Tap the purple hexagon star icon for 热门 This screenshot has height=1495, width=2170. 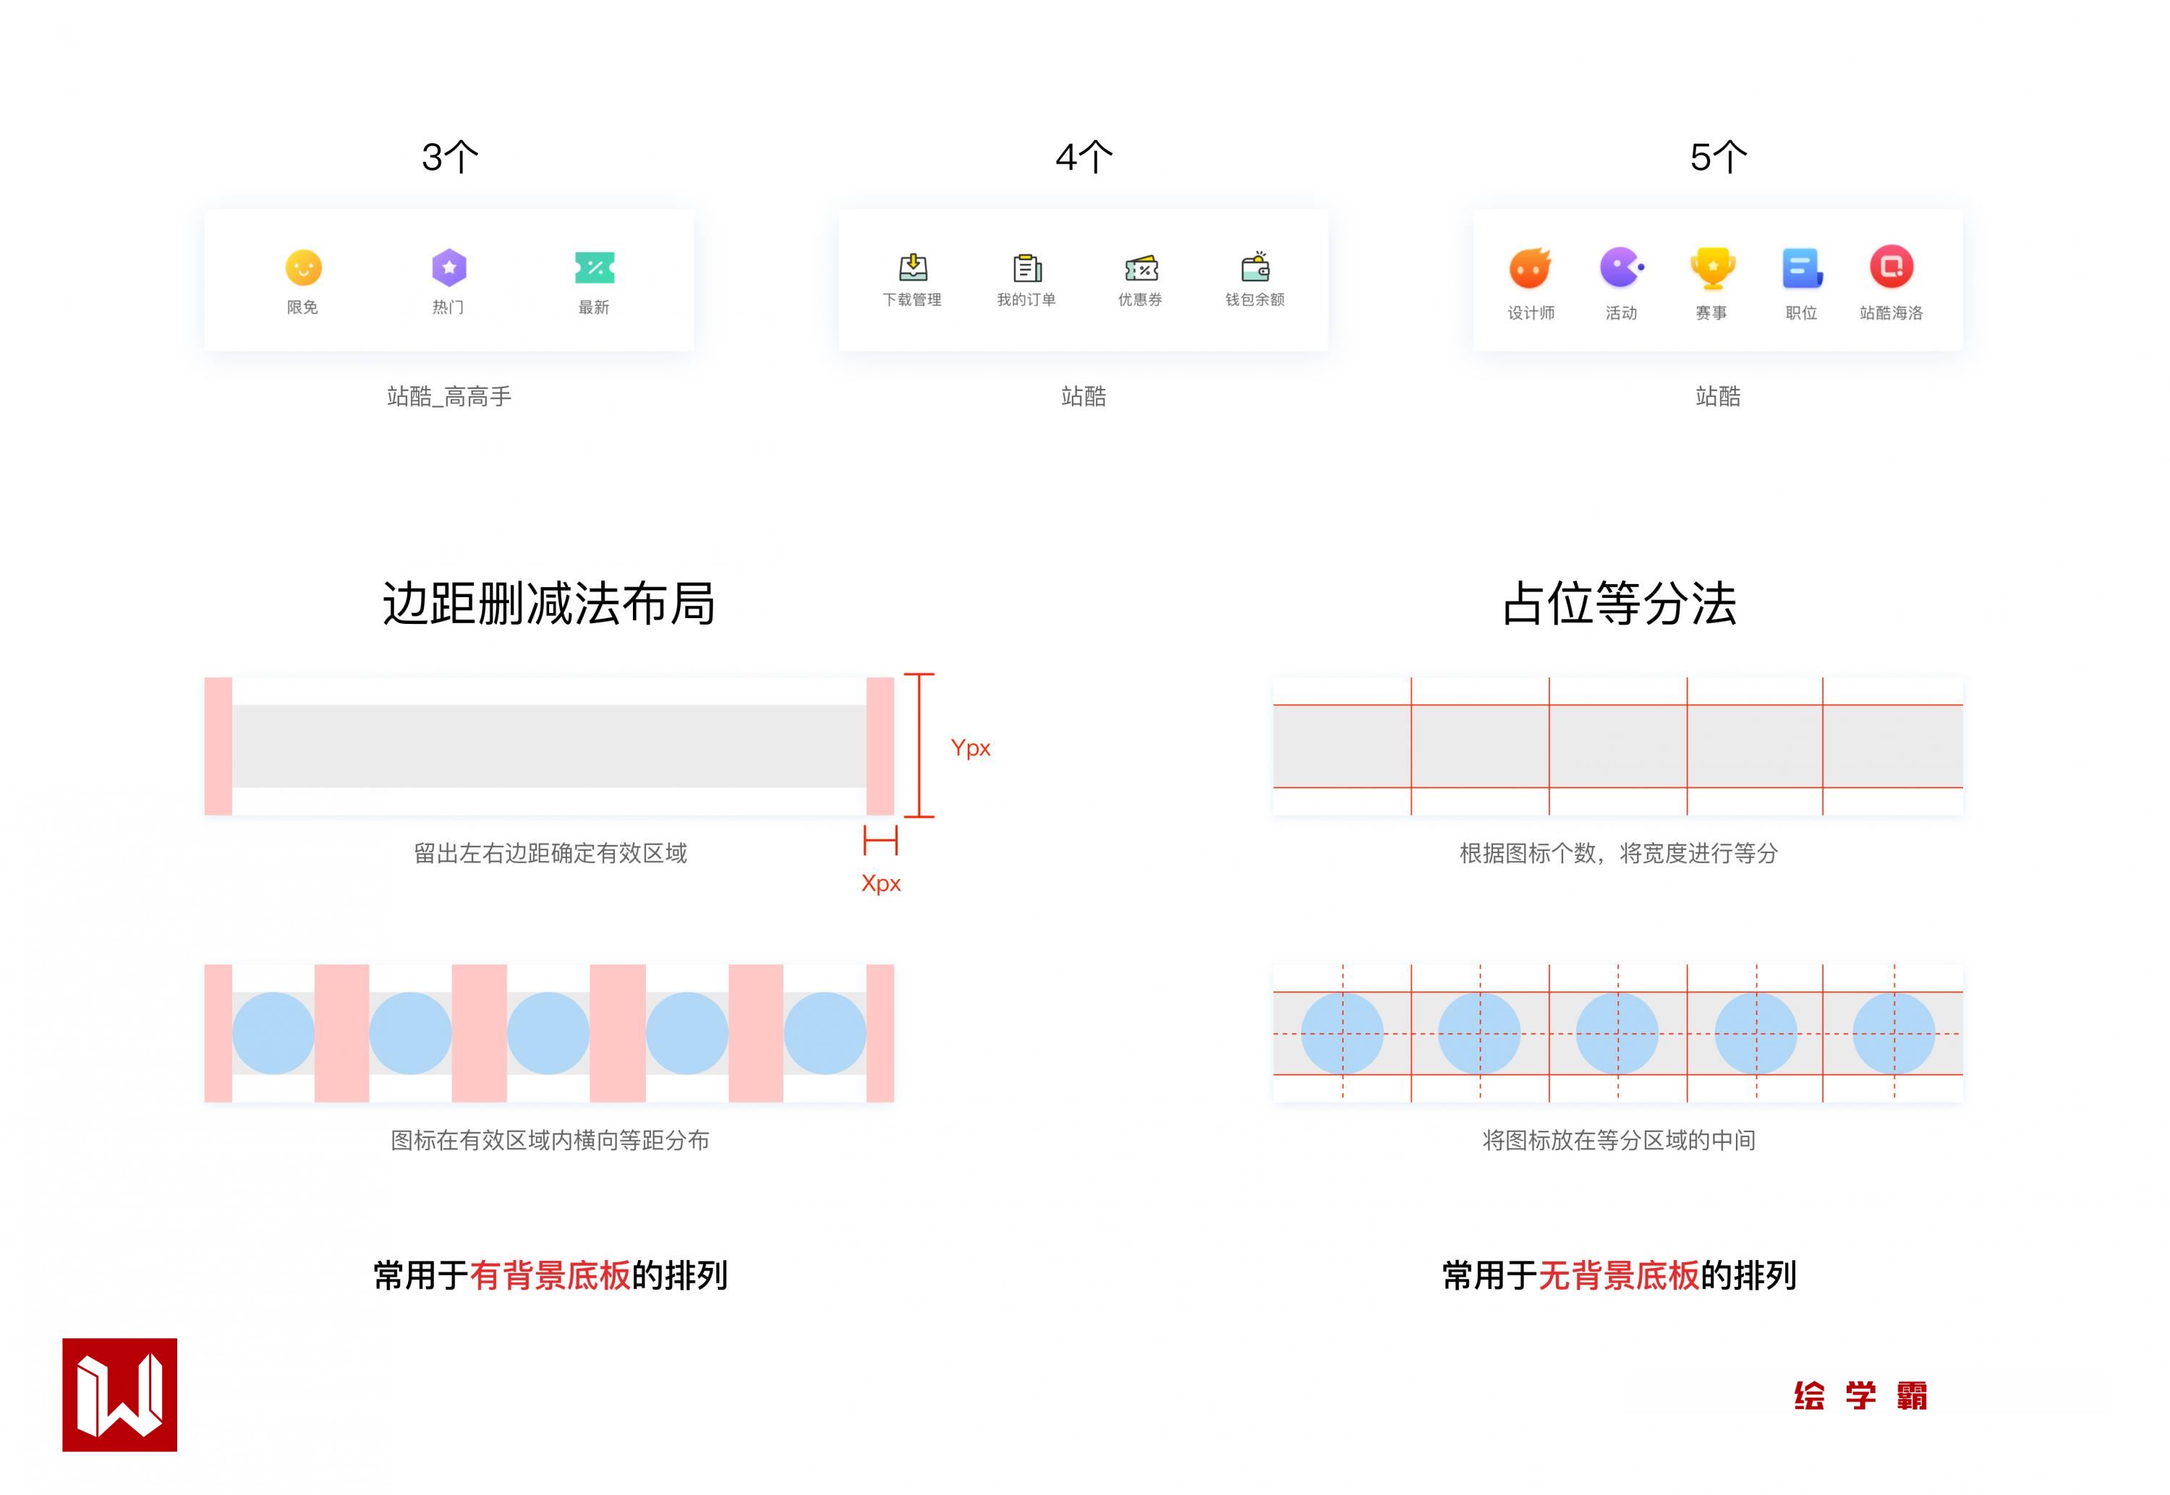point(448,268)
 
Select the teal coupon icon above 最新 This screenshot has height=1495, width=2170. point(594,268)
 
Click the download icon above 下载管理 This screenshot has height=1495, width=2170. point(913,268)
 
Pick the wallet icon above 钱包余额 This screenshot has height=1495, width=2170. point(1256,268)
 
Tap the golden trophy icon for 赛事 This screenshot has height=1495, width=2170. point(1712,268)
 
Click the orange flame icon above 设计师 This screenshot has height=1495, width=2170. point(1530,268)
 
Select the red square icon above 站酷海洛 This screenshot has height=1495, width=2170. point(1891,267)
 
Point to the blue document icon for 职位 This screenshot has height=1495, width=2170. point(1801,268)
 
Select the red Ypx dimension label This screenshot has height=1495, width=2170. point(970,747)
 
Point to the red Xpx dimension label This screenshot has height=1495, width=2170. point(881,883)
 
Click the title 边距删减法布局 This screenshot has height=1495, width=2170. point(549,603)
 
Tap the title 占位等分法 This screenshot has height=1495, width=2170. point(1619,603)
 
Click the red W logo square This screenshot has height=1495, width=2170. point(120,1395)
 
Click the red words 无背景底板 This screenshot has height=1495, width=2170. point(1618,1276)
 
